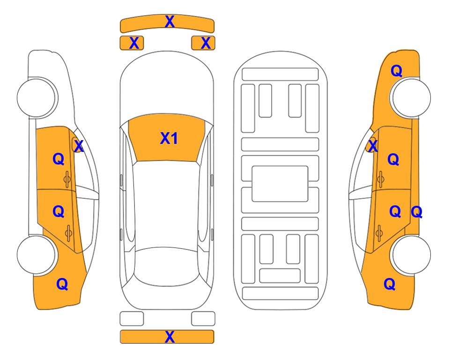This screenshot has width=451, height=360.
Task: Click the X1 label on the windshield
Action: [x=169, y=138]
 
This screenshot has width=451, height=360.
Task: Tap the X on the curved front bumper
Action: [x=170, y=22]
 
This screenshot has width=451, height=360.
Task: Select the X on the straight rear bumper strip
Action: [x=170, y=337]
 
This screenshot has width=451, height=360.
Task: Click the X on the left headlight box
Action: [x=134, y=43]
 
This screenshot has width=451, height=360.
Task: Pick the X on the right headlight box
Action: [x=206, y=43]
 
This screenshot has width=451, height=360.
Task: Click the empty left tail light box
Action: [x=132, y=319]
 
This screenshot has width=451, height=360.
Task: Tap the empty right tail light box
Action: [x=203, y=319]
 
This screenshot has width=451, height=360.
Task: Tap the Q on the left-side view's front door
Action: [x=59, y=159]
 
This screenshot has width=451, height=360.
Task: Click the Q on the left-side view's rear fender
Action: [x=62, y=284]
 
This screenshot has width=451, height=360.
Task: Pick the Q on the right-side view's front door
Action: [x=393, y=159]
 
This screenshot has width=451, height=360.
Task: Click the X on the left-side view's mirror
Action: [x=79, y=146]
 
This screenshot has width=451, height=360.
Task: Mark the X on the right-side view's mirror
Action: [x=373, y=145]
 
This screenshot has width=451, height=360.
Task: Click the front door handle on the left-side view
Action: [x=67, y=179]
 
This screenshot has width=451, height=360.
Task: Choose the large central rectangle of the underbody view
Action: [x=280, y=184]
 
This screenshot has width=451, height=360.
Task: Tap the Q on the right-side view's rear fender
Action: [x=390, y=284]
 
